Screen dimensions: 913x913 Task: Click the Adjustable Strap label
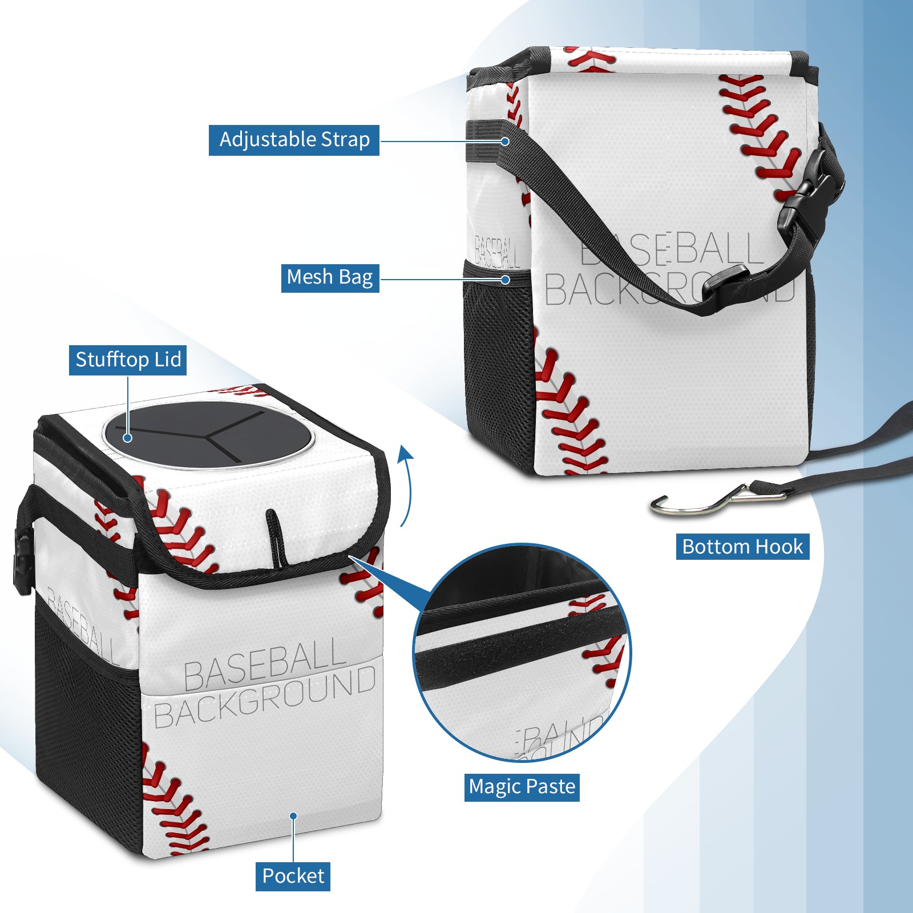coord(294,140)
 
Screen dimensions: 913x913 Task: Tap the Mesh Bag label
coord(330,278)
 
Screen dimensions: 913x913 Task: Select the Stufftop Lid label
coord(128,360)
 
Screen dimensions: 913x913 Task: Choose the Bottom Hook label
coord(742,547)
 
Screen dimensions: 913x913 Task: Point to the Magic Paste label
coord(522,787)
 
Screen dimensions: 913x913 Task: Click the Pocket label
coord(293,876)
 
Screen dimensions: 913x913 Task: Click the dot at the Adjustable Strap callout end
coord(505,141)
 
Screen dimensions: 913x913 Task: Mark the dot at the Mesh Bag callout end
coord(505,280)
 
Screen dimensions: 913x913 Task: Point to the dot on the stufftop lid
coord(128,438)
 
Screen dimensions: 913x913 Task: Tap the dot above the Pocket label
coord(293,816)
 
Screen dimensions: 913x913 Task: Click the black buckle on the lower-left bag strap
coord(23,565)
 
